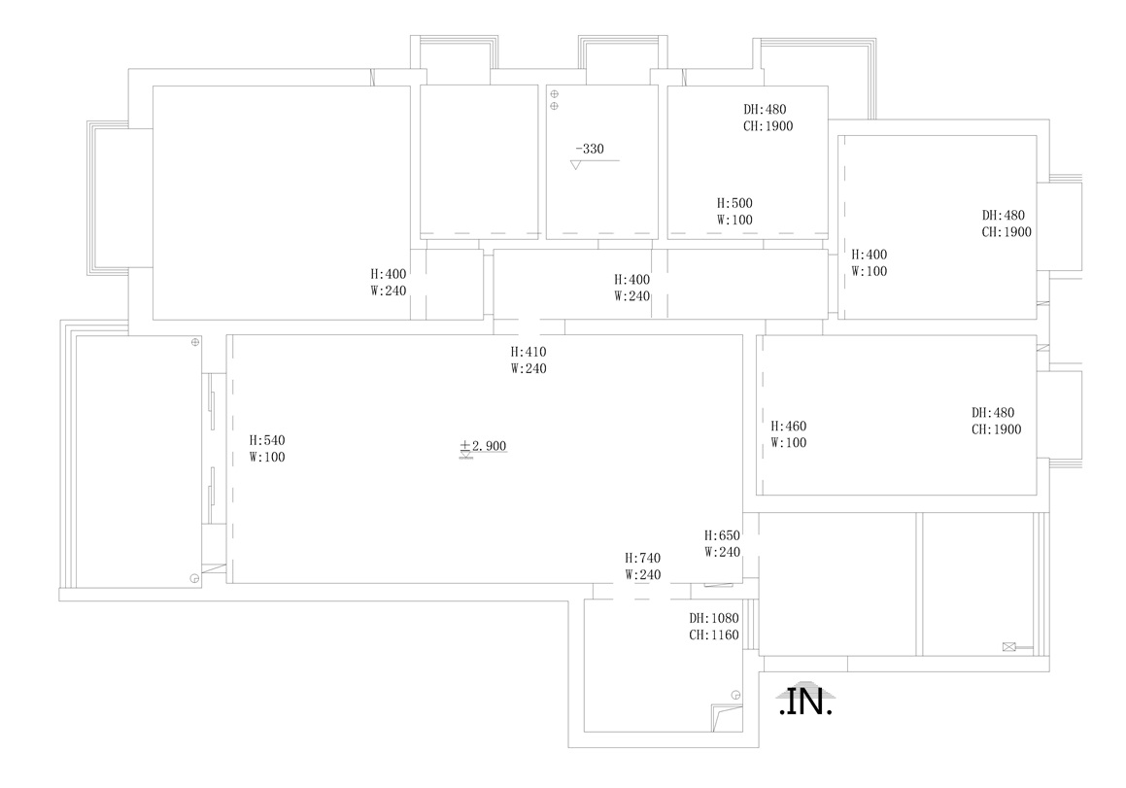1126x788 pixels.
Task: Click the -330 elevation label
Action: tap(590, 149)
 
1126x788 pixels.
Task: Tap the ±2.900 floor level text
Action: tap(483, 446)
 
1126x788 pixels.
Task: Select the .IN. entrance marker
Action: tap(805, 702)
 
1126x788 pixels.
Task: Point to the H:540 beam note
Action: tap(267, 440)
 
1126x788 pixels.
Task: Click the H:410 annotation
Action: tap(529, 352)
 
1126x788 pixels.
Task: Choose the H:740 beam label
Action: tap(643, 558)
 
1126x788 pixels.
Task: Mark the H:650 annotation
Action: tap(722, 536)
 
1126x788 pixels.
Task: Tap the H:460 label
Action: tap(789, 427)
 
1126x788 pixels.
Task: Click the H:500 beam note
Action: tap(734, 203)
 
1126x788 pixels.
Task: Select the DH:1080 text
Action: tap(714, 619)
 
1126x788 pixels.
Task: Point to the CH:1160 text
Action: tap(714, 635)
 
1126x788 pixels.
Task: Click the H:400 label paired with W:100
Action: tap(869, 255)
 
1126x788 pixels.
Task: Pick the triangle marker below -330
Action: tap(575, 165)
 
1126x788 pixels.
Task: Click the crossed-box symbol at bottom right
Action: tap(1009, 647)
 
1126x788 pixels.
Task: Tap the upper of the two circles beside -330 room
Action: tap(555, 94)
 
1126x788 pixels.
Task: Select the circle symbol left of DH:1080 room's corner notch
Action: tap(735, 695)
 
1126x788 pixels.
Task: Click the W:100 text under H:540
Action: tap(267, 458)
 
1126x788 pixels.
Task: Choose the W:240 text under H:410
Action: tap(529, 369)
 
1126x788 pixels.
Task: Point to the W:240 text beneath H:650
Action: tap(722, 553)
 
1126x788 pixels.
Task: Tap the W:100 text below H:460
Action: tap(789, 443)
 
